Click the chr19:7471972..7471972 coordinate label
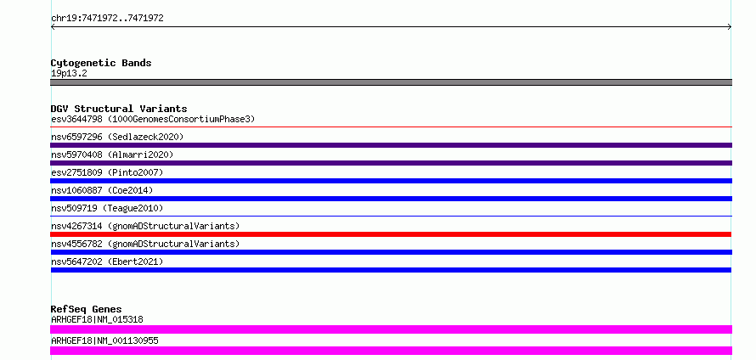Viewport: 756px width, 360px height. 107,19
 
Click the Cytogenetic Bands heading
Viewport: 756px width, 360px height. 101,63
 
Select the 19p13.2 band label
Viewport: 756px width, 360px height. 69,74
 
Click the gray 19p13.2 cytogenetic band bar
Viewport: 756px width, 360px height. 391,82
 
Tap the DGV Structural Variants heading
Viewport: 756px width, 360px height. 119,109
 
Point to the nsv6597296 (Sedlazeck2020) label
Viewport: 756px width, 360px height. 117,137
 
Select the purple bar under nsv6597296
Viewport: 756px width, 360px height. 391,145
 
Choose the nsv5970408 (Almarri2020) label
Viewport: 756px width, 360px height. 112,155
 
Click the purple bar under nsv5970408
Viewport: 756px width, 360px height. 391,163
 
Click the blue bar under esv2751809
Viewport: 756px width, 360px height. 391,181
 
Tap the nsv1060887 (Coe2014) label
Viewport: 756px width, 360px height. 102,190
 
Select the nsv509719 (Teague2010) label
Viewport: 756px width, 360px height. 107,208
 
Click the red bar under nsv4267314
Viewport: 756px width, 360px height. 391,234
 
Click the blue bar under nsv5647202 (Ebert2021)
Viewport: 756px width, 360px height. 391,270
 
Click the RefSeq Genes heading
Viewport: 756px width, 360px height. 87,309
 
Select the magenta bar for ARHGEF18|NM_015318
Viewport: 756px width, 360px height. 391,329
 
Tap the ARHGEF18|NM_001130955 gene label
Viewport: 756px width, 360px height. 104,341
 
